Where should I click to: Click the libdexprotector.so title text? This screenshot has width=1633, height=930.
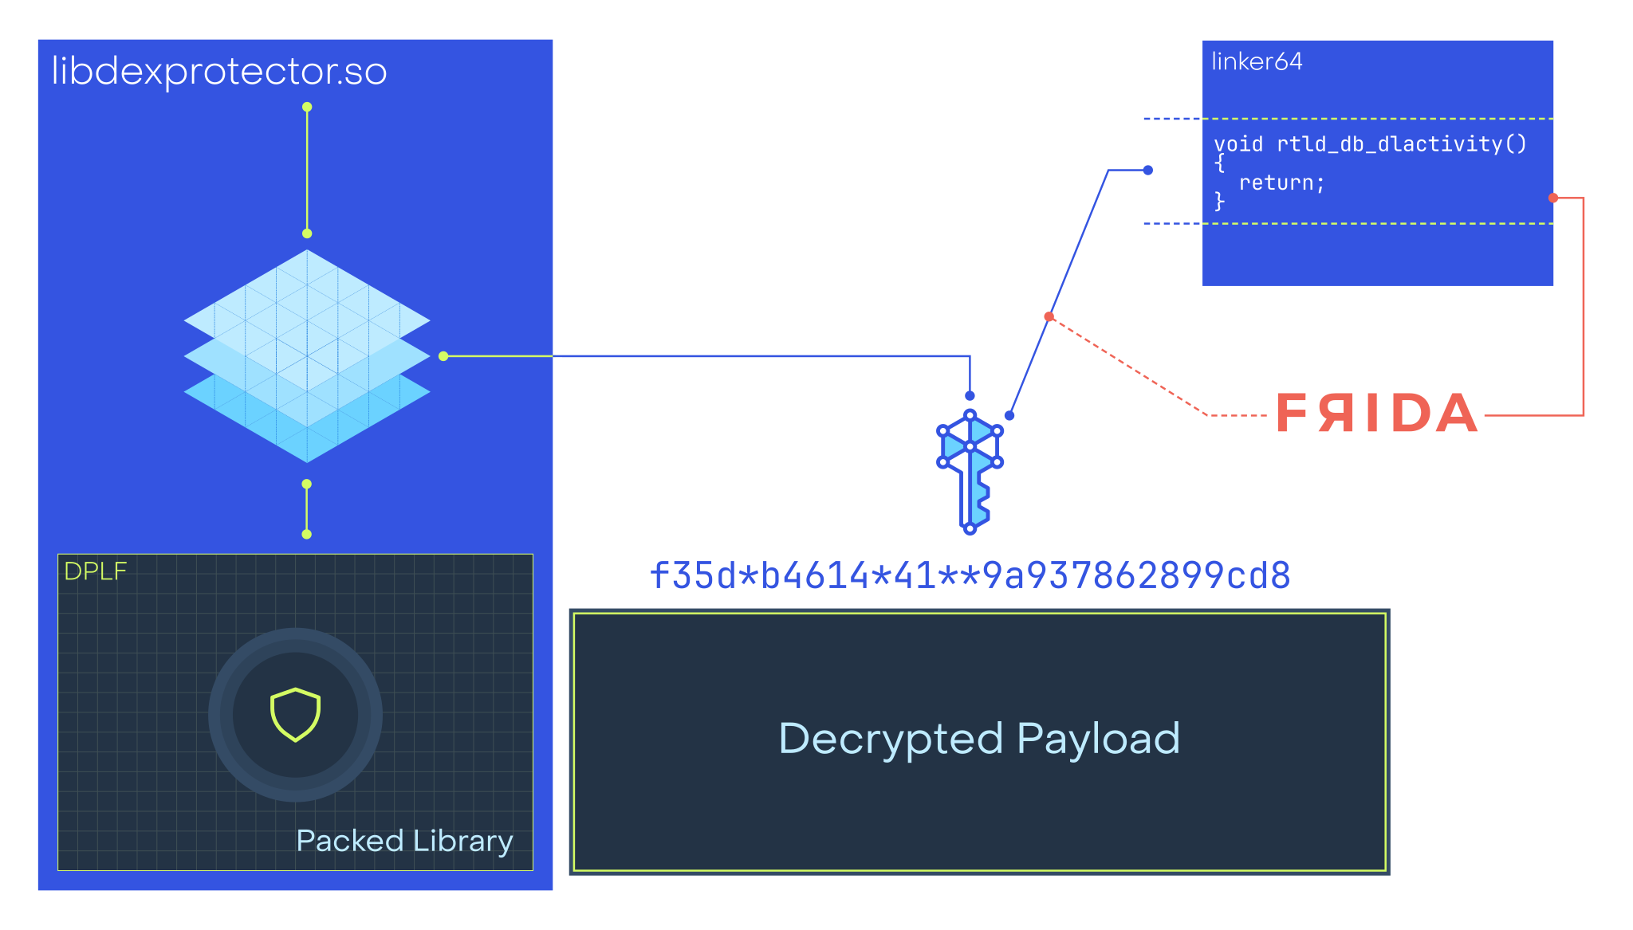pyautogui.click(x=219, y=72)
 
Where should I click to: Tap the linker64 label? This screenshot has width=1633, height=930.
pyautogui.click(x=1257, y=61)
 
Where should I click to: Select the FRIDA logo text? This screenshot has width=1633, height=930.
pyautogui.click(x=1376, y=414)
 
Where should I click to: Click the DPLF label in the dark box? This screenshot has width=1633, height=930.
pyautogui.click(x=95, y=571)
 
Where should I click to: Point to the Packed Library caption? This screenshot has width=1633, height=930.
pyautogui.click(x=404, y=842)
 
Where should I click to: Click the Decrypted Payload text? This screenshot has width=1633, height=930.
pyautogui.click(x=979, y=739)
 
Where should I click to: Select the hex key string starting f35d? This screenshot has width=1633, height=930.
pyautogui.click(x=970, y=575)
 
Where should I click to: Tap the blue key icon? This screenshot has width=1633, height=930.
pyautogui.click(x=970, y=471)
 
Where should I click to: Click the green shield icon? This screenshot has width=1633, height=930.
pyautogui.click(x=295, y=714)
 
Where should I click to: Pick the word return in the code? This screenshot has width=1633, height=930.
pyautogui.click(x=1281, y=183)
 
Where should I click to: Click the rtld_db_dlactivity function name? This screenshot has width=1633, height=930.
pyautogui.click(x=1389, y=144)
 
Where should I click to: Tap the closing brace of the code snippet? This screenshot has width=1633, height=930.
pyautogui.click(x=1219, y=202)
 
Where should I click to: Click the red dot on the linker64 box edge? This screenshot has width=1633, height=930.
pyautogui.click(x=1552, y=198)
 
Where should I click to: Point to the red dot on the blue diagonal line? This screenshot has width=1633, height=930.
pyautogui.click(x=1049, y=317)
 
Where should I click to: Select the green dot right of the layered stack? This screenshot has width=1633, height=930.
pyautogui.click(x=443, y=356)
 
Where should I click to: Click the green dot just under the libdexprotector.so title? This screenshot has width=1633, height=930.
pyautogui.click(x=307, y=107)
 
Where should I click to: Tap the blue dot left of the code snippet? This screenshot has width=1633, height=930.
pyautogui.click(x=1148, y=170)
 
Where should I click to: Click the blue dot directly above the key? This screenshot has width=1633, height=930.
pyautogui.click(x=970, y=396)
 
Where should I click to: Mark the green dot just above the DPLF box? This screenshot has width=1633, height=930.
pyautogui.click(x=307, y=534)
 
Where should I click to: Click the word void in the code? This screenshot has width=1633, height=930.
pyautogui.click(x=1238, y=144)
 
